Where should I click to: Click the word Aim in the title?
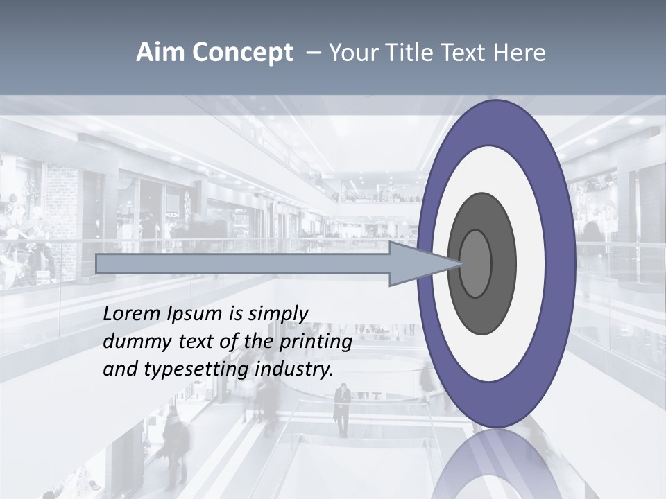click(160, 53)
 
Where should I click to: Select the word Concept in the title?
click(242, 53)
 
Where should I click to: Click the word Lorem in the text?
click(133, 314)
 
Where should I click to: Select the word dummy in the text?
click(133, 342)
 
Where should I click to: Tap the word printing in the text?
click(315, 342)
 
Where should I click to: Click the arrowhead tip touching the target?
click(460, 263)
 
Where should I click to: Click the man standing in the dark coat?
click(342, 409)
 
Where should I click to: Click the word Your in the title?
click(352, 53)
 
